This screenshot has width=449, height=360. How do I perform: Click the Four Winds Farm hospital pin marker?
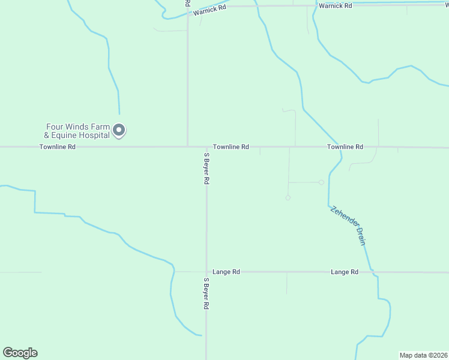point(119,130)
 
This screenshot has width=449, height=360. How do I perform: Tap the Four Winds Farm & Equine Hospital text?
point(78,131)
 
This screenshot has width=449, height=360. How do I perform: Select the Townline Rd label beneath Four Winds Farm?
point(58,147)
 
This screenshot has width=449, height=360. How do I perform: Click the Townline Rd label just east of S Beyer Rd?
point(231,147)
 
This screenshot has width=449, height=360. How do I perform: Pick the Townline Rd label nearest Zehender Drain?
point(345,147)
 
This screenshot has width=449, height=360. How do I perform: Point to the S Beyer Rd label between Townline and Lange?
point(206,167)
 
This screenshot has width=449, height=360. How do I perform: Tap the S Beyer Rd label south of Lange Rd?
point(206,293)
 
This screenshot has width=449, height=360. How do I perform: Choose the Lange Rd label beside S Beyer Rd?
point(227,272)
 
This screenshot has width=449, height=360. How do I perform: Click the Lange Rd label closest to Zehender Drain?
point(344,272)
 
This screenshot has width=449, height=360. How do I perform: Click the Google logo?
point(20,353)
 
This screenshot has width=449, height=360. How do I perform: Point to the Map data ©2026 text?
point(423,355)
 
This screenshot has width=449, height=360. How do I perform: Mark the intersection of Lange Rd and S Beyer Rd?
point(206,272)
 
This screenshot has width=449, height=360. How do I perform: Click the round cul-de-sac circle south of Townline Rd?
point(321,182)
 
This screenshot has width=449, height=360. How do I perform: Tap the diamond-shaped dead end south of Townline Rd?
point(288,197)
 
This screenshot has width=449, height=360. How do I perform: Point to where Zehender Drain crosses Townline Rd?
point(340,147)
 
